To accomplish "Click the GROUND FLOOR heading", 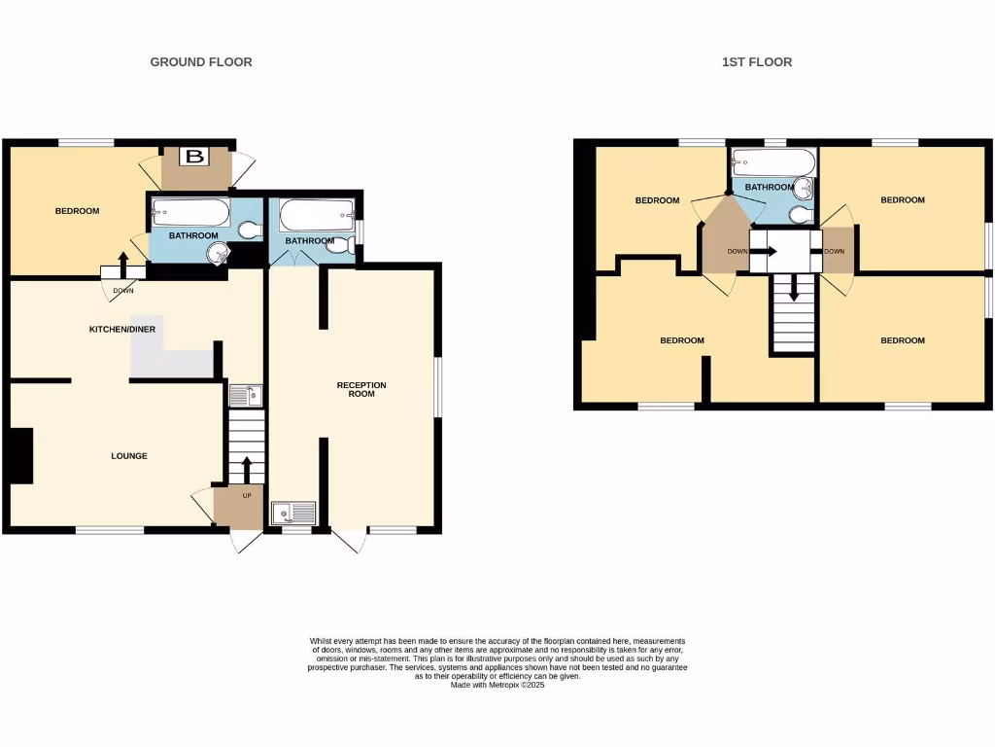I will [x=201, y=62].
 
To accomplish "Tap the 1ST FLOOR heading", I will [x=757, y=62].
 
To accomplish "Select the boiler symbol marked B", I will [x=196, y=157].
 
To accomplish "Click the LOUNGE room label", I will [x=129, y=456].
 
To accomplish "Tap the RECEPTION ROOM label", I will [x=361, y=390].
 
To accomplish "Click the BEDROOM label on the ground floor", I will [x=77, y=211].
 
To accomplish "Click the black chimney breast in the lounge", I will [x=20, y=455].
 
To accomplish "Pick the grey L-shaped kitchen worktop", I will [x=175, y=360].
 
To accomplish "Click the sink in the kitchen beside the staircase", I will [x=244, y=395].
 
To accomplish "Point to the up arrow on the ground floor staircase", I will [x=246, y=468].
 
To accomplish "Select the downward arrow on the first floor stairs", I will [x=794, y=289].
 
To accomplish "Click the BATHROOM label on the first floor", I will [x=770, y=187].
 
